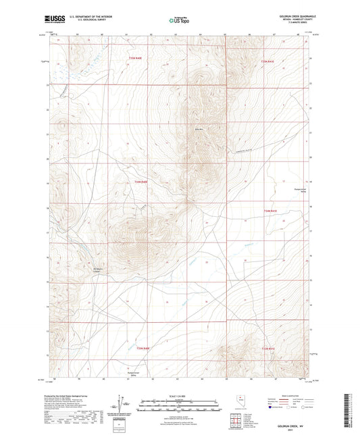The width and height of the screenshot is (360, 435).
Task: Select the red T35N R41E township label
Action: point(267,62)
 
